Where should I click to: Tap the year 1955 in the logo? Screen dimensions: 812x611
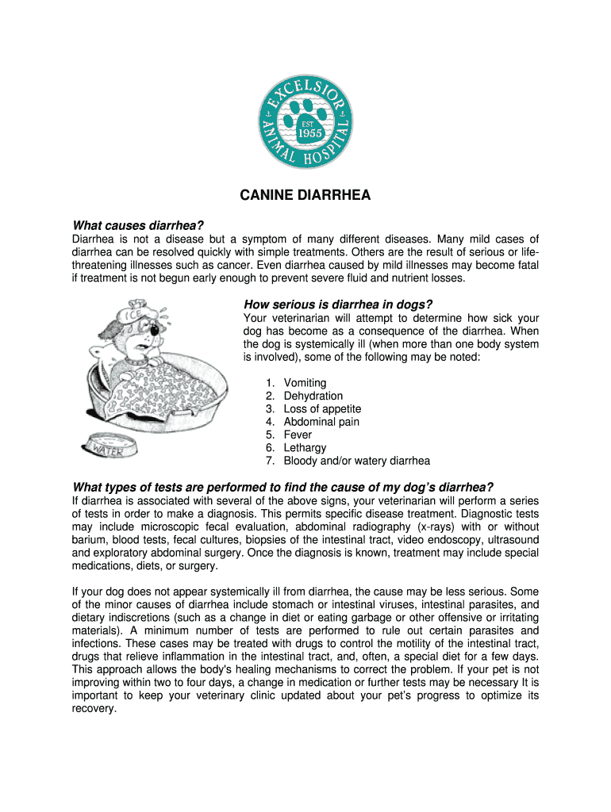[309, 133]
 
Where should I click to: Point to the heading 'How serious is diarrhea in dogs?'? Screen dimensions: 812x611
[337, 305]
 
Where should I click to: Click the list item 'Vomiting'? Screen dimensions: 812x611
[305, 383]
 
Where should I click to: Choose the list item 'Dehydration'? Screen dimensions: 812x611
[313, 396]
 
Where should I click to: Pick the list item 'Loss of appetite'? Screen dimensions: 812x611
[322, 408]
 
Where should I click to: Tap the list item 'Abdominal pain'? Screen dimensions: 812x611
[321, 422]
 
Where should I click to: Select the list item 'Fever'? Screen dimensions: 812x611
[298, 435]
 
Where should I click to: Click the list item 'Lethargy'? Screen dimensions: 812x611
[305, 447]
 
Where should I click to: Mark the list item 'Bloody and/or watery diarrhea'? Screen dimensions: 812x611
[356, 461]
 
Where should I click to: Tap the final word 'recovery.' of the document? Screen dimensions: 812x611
[94, 709]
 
